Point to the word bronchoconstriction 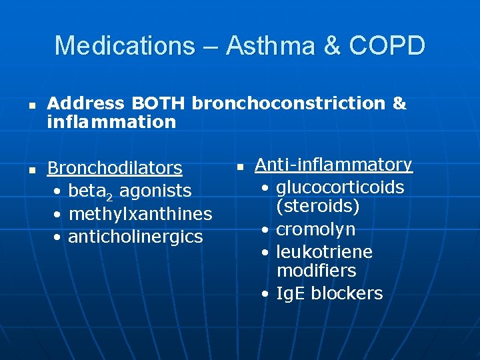(288, 103)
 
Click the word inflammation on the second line (111, 121)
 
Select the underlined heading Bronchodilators (115, 168)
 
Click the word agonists (155, 191)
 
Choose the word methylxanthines (140, 214)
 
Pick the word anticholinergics (135, 237)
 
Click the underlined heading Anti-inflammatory (333, 165)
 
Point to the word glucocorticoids (340, 187)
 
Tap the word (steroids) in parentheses (318, 206)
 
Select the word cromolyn (315, 230)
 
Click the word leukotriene (324, 252)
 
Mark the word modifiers (316, 271)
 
